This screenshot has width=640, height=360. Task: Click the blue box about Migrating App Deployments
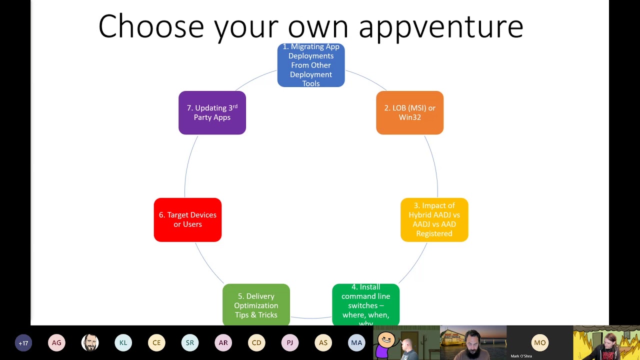coord(311,65)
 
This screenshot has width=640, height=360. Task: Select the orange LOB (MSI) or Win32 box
coord(409,112)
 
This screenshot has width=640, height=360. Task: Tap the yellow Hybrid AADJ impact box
coord(434,219)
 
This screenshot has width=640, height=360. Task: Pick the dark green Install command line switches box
coord(365,304)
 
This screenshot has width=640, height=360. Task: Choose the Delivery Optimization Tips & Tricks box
coord(256,305)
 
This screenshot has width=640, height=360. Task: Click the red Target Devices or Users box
coord(187,219)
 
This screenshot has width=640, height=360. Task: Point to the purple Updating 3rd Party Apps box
coord(212,112)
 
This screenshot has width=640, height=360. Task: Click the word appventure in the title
coord(440,27)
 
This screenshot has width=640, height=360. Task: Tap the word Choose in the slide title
coord(151,27)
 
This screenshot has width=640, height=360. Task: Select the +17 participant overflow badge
coord(23,343)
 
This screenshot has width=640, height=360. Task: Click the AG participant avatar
coord(56,343)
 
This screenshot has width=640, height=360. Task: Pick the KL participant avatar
coord(123,343)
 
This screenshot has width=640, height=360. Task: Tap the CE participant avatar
coord(156,343)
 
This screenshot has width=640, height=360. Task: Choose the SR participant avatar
coord(190,343)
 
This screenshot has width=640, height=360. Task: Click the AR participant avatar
coord(223,343)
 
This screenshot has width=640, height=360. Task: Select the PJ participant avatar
coord(290,343)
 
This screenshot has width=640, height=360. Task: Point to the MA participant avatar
coord(356,343)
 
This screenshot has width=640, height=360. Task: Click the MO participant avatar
coord(539,343)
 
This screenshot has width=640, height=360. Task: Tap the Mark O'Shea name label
coord(521,356)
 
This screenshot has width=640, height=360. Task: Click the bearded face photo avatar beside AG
coord(90,343)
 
